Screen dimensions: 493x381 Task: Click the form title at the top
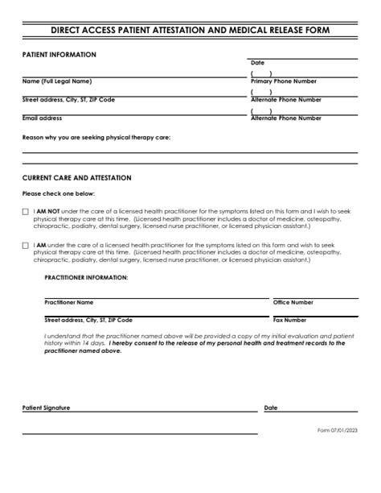[x=190, y=31]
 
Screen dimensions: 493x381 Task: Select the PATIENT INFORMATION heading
[x=59, y=55]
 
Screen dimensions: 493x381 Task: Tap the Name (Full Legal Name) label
[x=56, y=81]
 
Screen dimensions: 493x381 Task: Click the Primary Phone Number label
[x=284, y=81]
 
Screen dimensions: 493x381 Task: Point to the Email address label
[x=42, y=118]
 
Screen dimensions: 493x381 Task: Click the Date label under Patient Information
[x=257, y=63]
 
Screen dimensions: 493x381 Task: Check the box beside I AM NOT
[x=26, y=212]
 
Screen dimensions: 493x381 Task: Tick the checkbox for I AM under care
[x=26, y=246]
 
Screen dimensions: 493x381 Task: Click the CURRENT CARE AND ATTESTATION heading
[x=77, y=177]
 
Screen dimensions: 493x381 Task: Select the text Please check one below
[x=59, y=193]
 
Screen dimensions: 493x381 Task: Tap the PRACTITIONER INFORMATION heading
[x=86, y=277]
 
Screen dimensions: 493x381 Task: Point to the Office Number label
[x=293, y=302]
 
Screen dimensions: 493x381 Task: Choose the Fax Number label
[x=289, y=320]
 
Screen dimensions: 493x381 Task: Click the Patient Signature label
[x=46, y=408]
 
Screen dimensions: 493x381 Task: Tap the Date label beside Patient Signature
[x=271, y=408]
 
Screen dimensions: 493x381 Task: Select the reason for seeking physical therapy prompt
[x=96, y=137]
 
